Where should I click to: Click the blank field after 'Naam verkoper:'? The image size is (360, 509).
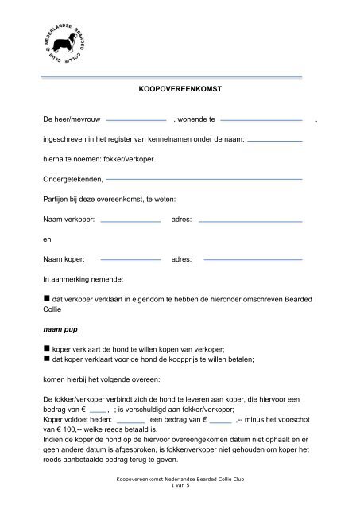pyautogui.click(x=130, y=219)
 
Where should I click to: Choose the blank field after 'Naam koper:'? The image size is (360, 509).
pyautogui.click(x=130, y=259)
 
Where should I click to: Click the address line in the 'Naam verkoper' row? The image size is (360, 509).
pyautogui.click(x=251, y=219)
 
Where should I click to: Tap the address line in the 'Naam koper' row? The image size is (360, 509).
pyautogui.click(x=251, y=259)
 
